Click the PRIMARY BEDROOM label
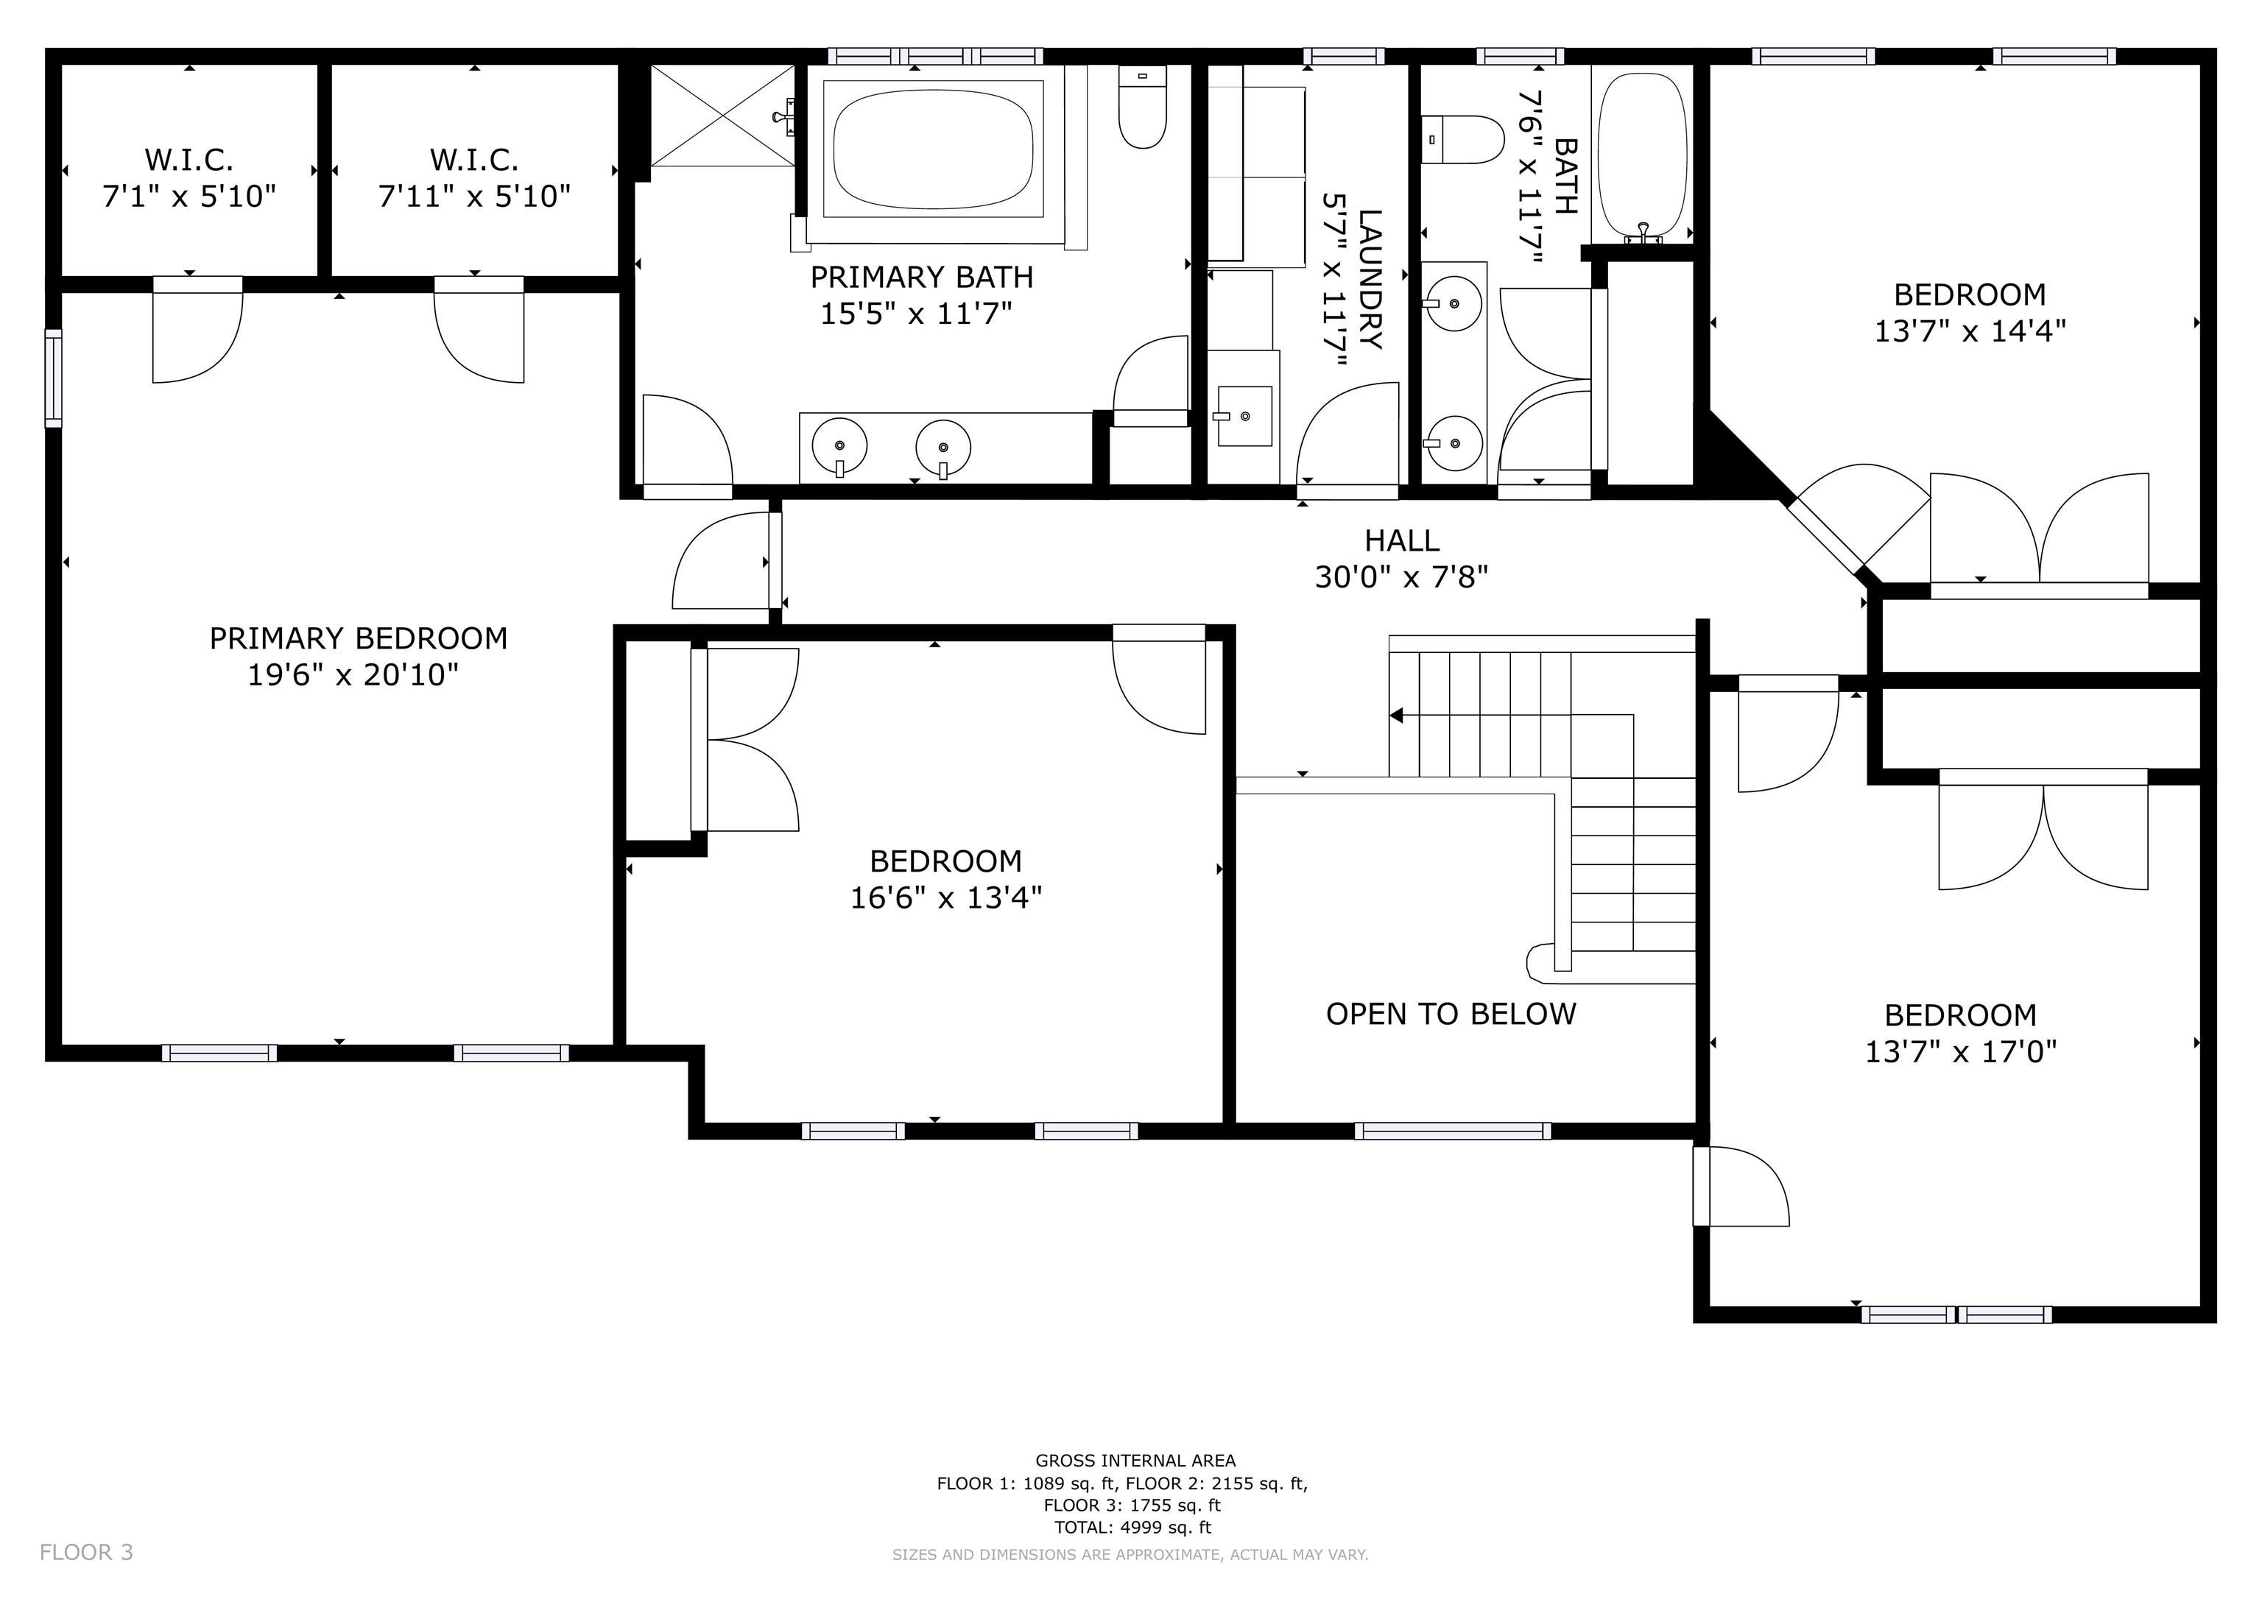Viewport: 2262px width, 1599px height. pyautogui.click(x=359, y=638)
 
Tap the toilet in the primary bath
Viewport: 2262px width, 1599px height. pyautogui.click(x=1143, y=107)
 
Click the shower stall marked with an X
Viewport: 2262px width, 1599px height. pyautogui.click(x=723, y=116)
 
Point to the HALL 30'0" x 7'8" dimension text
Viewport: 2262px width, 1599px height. pyautogui.click(x=1401, y=576)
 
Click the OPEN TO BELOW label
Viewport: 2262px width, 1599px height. pyautogui.click(x=1451, y=1014)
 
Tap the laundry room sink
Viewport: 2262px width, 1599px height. pyautogui.click(x=1245, y=416)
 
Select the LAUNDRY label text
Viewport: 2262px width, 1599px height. pyautogui.click(x=1370, y=279)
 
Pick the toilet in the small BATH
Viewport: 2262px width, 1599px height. pyautogui.click(x=1463, y=139)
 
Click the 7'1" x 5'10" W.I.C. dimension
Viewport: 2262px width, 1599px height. pyautogui.click(x=189, y=196)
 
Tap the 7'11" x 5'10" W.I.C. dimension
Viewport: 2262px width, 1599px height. pyautogui.click(x=475, y=196)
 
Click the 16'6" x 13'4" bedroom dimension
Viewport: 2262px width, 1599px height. pyautogui.click(x=945, y=897)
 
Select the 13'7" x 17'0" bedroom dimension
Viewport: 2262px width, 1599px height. pyautogui.click(x=1961, y=1051)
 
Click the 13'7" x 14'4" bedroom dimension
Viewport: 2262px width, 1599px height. pyautogui.click(x=1970, y=330)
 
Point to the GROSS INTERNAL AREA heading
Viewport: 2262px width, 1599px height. pyautogui.click(x=1135, y=1461)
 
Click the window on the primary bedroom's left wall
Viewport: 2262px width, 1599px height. pyautogui.click(x=53, y=378)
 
